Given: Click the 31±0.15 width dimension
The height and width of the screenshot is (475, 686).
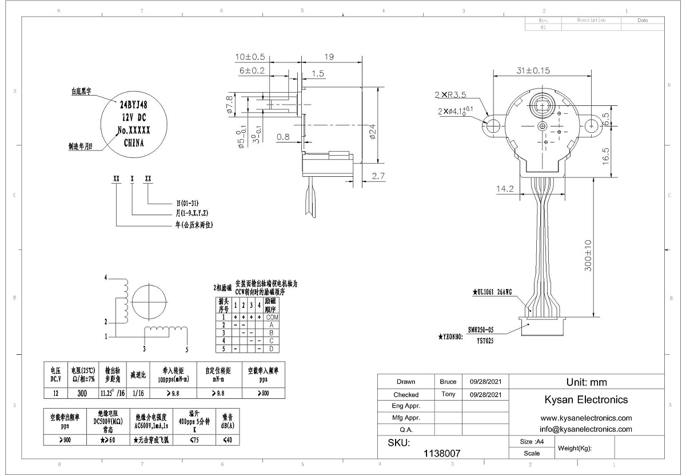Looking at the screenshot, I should click(x=525, y=71).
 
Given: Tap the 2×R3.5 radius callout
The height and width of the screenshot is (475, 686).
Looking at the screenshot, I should click(x=449, y=94).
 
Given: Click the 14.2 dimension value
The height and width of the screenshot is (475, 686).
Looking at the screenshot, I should click(x=505, y=188).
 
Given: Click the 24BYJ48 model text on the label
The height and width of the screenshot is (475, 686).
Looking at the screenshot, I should click(x=133, y=105).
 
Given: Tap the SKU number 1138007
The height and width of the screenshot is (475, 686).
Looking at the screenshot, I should click(x=441, y=453).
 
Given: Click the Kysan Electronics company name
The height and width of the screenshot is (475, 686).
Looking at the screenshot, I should click(x=586, y=399).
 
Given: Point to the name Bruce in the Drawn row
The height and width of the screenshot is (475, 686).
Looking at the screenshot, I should click(x=448, y=382).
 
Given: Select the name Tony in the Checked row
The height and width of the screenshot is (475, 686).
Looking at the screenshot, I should click(x=448, y=394).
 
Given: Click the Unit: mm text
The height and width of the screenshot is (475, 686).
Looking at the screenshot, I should click(x=586, y=382).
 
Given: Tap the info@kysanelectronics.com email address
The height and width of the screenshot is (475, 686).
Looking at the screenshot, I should click(x=585, y=429).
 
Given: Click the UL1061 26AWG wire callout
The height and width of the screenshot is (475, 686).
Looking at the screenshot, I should click(x=492, y=292).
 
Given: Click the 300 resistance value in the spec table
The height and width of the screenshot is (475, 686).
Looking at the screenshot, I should click(x=82, y=393).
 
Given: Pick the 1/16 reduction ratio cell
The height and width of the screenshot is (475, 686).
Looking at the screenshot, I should click(x=137, y=393).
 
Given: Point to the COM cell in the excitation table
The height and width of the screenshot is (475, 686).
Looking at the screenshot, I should click(x=272, y=317).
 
